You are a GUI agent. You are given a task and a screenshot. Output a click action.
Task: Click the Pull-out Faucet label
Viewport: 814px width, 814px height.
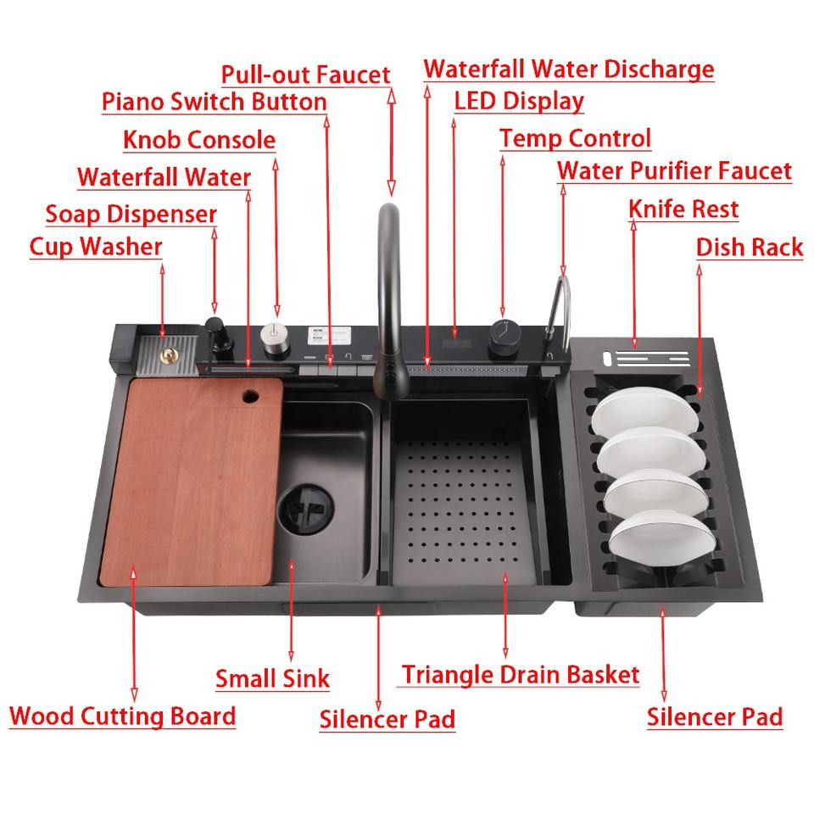[x=305, y=75]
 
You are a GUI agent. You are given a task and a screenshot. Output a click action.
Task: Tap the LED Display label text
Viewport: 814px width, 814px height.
[x=519, y=101]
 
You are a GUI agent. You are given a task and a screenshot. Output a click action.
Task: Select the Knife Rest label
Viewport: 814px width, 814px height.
[x=683, y=209]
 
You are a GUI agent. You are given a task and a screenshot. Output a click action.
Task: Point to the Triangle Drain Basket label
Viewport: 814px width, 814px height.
[x=520, y=675]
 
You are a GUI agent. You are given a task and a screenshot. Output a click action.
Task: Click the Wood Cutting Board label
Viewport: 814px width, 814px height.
[x=122, y=716]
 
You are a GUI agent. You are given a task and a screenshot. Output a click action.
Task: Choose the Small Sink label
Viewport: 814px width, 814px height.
[x=272, y=678]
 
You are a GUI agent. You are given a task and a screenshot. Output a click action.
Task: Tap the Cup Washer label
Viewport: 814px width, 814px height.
[x=96, y=247]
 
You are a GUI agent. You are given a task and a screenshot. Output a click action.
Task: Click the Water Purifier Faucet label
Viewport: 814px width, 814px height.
[x=674, y=170]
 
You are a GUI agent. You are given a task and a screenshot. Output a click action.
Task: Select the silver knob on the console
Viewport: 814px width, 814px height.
[x=275, y=338]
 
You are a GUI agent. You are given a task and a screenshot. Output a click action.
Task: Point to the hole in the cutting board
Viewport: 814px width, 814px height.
[x=250, y=397]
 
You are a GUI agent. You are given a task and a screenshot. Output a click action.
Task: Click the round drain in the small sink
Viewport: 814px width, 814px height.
[x=306, y=510]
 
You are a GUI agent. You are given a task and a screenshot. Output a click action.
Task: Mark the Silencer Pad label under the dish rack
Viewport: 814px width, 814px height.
[x=714, y=717]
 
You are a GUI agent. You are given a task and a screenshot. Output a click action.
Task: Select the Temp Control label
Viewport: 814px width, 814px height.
[x=575, y=138]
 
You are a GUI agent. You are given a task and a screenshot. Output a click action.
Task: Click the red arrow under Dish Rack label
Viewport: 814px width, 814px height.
[x=700, y=332]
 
